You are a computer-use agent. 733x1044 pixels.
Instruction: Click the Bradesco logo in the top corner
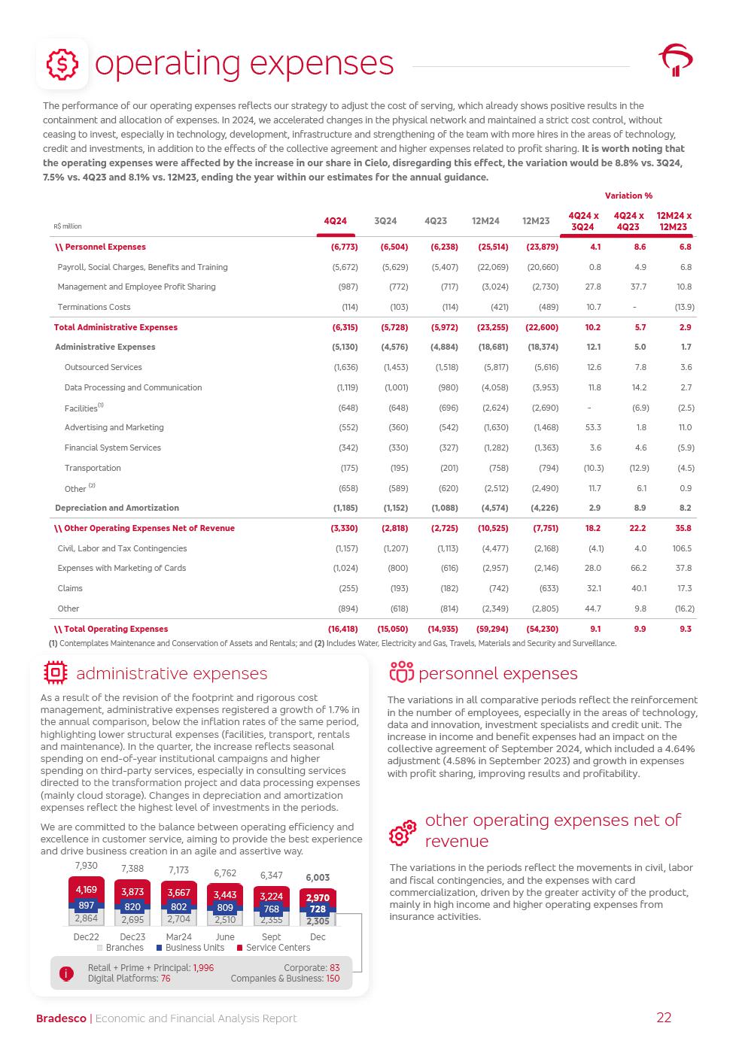676,59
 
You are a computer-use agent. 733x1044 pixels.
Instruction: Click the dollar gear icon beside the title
62,65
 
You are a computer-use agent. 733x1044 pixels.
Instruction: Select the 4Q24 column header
335,221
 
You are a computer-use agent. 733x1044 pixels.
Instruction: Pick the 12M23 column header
536,221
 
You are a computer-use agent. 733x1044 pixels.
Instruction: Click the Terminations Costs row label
94,307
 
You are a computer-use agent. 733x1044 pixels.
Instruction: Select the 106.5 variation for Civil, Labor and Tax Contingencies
683,548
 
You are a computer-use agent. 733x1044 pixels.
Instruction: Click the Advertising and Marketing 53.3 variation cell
593,427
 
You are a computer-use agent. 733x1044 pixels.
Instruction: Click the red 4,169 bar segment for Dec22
87,890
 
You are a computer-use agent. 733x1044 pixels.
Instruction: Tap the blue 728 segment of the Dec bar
318,909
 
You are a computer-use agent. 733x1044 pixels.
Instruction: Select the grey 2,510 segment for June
225,919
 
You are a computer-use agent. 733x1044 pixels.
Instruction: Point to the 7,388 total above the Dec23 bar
132,869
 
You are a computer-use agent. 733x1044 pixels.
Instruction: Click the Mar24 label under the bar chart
178,937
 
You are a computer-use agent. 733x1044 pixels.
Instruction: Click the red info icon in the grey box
66,973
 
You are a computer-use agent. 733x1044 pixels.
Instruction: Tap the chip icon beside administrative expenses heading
56,673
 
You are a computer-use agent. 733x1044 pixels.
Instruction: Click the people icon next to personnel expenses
401,672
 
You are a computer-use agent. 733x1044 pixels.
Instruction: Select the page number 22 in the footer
664,1018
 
